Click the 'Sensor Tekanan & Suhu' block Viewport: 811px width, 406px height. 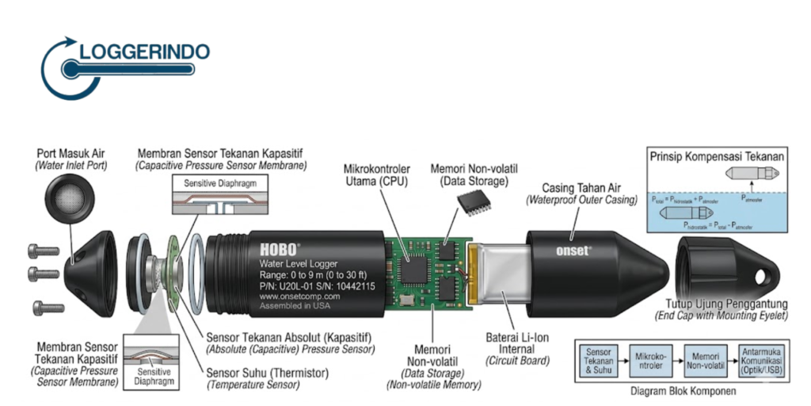pyautogui.click(x=599, y=358)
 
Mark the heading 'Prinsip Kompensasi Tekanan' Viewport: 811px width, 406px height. pyautogui.click(x=716, y=156)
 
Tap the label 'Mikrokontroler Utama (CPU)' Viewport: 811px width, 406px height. pyautogui.click(x=379, y=175)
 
